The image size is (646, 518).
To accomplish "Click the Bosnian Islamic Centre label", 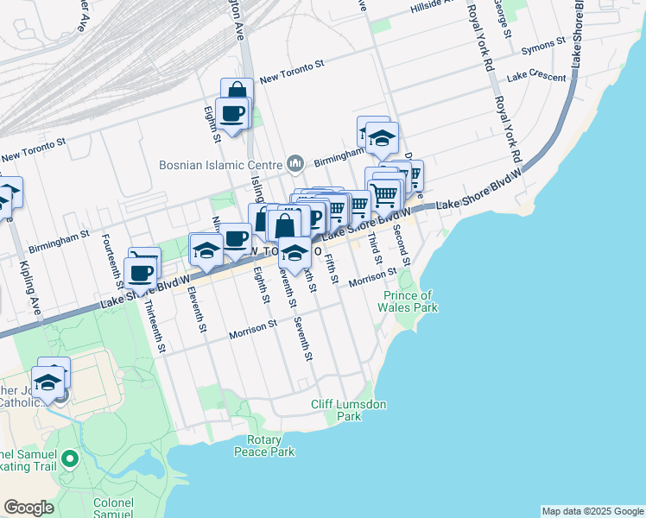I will (x=220, y=164).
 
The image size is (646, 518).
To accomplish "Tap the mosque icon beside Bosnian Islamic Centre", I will (x=295, y=163).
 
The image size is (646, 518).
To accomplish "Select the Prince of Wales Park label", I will (x=411, y=301).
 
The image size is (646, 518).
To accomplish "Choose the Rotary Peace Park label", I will (x=265, y=445).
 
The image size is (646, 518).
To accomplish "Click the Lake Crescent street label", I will (x=536, y=76).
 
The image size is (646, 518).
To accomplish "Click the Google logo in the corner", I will (x=28, y=508).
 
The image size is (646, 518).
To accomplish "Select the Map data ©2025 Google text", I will (x=592, y=511).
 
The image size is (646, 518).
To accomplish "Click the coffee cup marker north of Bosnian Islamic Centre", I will (x=233, y=112).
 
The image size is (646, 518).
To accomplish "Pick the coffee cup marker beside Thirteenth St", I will (x=140, y=273).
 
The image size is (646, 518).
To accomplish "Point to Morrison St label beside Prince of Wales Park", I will (x=372, y=275).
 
